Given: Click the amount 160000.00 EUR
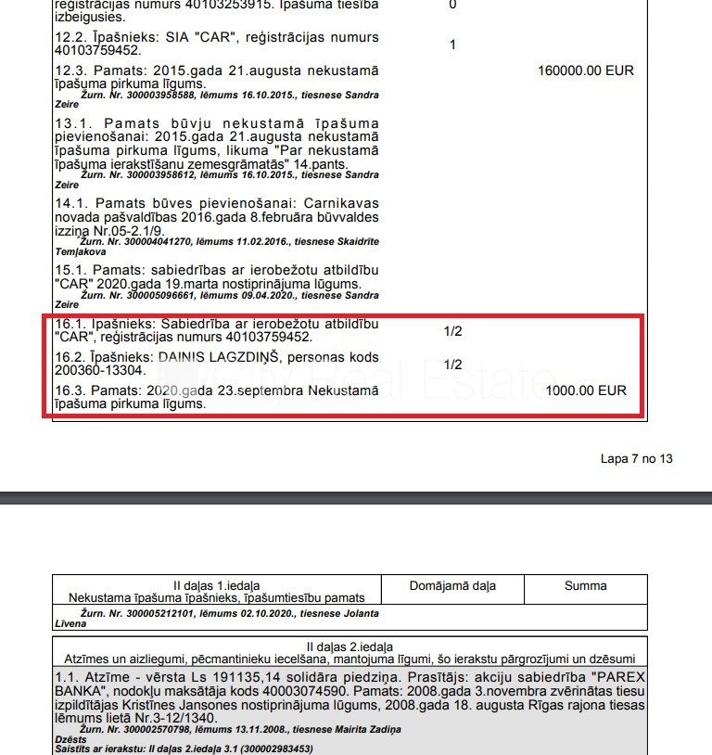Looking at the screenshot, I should (586, 70).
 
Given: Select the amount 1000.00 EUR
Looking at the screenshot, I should (586, 390).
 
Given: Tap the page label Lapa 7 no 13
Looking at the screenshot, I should (636, 458).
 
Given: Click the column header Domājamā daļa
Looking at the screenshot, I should (452, 585).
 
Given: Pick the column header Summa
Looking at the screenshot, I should (585, 585).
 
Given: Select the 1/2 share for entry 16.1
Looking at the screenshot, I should (452, 330).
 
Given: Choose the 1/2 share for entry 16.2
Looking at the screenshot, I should (452, 365).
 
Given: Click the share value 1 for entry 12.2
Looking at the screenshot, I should (452, 45).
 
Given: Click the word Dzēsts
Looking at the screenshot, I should (71, 739).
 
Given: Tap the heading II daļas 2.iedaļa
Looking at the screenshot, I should (350, 646).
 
